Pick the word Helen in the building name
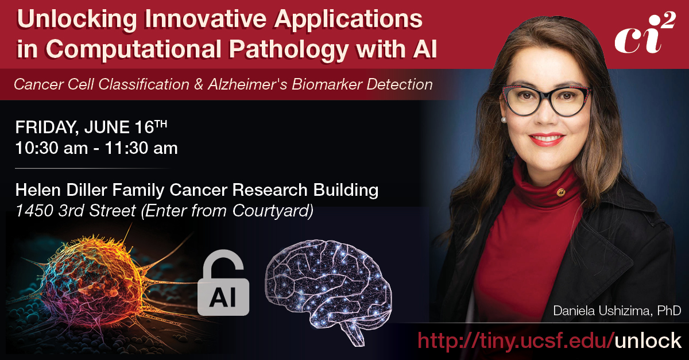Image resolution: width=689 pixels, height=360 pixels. tap(36, 190)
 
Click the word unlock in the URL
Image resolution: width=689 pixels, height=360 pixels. tap(647, 340)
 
